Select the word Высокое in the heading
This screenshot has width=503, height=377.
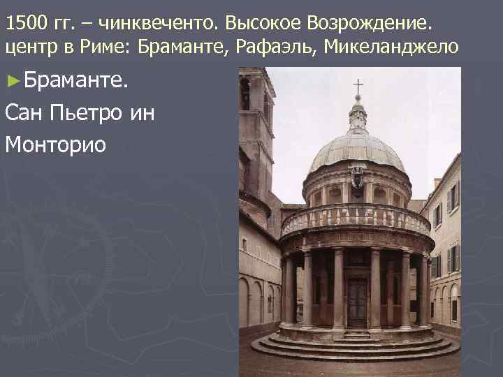(258, 24)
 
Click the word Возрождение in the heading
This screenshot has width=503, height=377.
(370, 24)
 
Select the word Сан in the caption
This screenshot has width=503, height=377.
(26, 112)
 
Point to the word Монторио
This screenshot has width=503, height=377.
(55, 144)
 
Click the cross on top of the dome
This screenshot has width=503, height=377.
(358, 87)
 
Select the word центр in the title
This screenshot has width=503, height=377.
(29, 47)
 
